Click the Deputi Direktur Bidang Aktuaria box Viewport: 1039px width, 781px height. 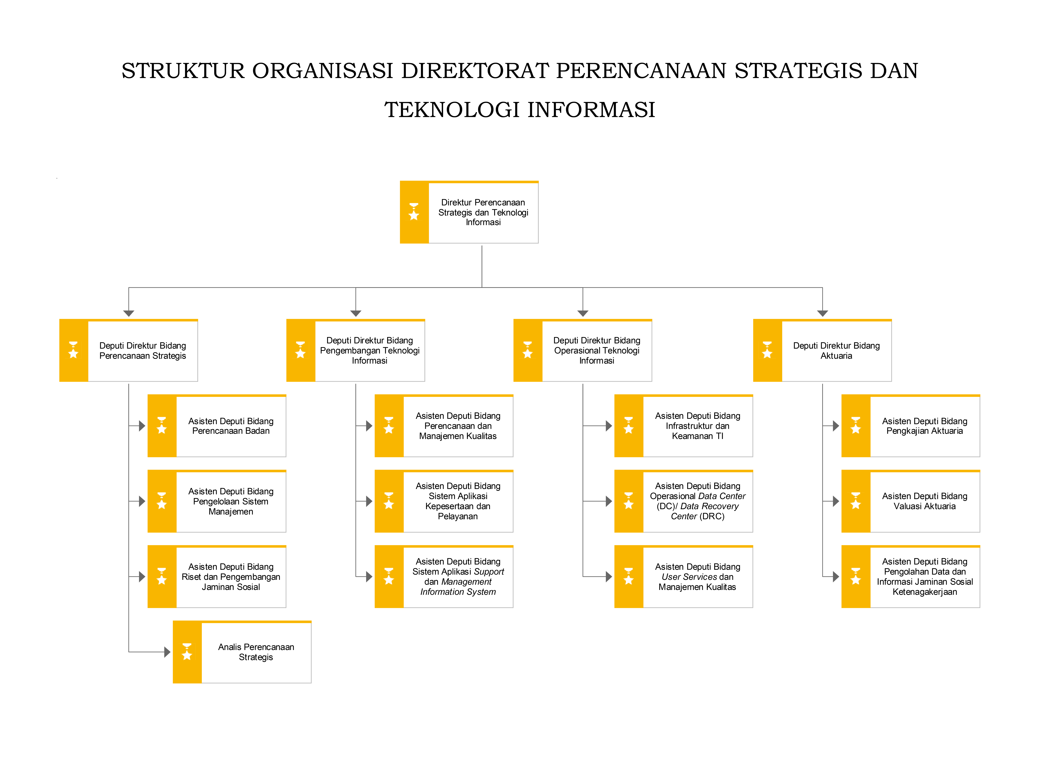coord(822,350)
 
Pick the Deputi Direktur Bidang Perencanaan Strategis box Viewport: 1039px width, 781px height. coord(128,350)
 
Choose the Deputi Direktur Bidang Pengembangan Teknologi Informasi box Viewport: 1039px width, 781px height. coord(356,350)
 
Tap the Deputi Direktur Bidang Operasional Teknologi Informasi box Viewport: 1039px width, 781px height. coord(582,350)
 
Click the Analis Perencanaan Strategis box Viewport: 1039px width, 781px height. coord(242,652)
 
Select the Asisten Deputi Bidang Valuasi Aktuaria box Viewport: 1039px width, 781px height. coord(910,501)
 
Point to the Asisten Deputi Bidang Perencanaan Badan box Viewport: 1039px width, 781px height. coord(217,426)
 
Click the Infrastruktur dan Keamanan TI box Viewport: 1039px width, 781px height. coord(683,426)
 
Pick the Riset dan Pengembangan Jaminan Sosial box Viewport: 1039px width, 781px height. coord(217,577)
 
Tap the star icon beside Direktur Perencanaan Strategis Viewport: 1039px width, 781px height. coord(414,212)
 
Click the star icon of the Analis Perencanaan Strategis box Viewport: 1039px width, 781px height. coord(187,652)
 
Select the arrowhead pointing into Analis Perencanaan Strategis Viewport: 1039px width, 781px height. coord(167,652)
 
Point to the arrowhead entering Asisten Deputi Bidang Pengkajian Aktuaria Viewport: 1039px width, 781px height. coord(836,426)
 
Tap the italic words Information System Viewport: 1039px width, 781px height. coord(458,592)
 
